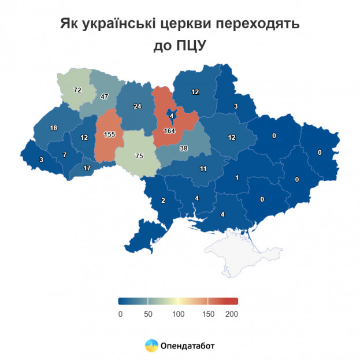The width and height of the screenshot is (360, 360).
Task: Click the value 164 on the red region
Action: point(169,131)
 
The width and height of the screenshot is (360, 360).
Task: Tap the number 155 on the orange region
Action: point(108,134)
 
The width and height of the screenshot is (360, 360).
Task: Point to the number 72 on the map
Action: point(77,91)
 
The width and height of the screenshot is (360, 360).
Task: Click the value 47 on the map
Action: point(105,97)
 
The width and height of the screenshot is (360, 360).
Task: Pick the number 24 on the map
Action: point(137,106)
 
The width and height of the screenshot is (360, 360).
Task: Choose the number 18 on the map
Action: point(54,128)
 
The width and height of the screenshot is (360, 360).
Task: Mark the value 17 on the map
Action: point(87,168)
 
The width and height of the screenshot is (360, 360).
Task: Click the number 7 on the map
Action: point(65,155)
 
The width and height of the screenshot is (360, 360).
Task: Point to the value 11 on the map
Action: point(203,169)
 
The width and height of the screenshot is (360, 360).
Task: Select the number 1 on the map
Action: point(236,178)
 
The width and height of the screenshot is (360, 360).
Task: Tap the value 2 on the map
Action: point(163,201)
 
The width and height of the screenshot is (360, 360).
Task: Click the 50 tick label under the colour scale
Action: point(148,314)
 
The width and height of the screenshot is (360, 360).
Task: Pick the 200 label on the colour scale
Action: point(231,314)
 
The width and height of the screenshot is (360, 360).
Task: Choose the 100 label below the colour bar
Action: point(178,314)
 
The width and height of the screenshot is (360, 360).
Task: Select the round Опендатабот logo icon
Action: point(151,346)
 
